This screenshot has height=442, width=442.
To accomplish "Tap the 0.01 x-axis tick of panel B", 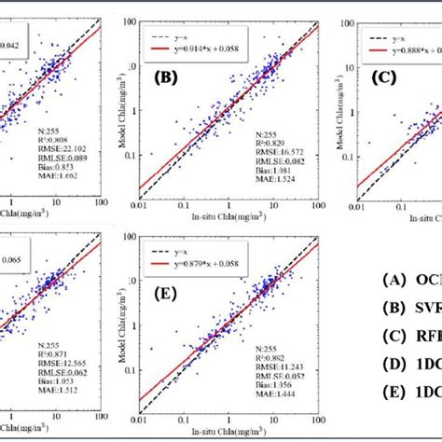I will [x=140, y=207].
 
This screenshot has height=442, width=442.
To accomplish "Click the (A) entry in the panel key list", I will [x=399, y=280].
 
